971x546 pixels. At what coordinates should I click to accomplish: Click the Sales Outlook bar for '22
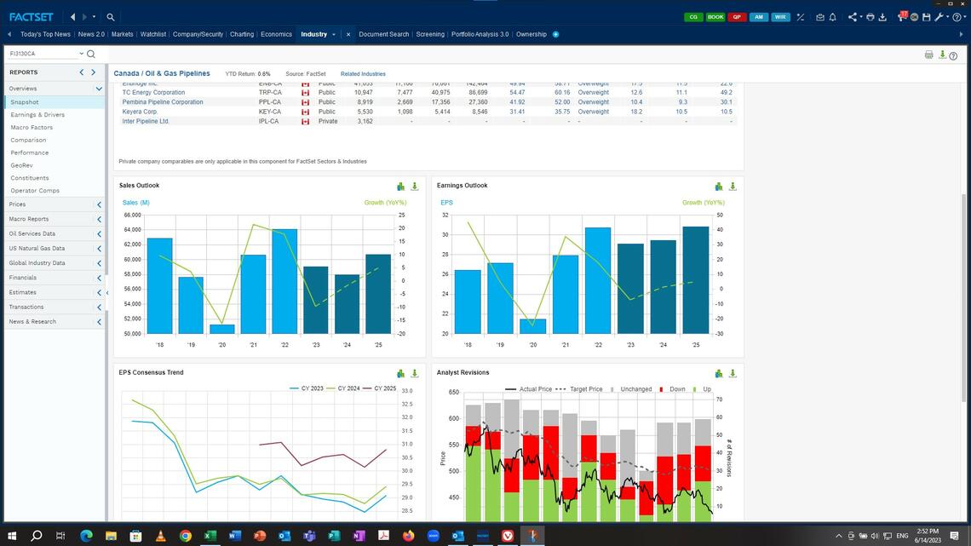(284, 281)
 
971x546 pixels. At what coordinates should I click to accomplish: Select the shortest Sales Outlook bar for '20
(222, 329)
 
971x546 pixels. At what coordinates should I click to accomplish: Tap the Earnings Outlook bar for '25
(695, 280)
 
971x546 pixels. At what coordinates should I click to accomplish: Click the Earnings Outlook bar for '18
(468, 302)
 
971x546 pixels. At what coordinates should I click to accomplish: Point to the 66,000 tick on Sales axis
(132, 216)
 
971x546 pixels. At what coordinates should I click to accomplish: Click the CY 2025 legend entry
(380, 388)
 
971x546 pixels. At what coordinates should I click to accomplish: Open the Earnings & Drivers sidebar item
(37, 114)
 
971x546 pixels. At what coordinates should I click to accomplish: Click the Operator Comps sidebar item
(35, 191)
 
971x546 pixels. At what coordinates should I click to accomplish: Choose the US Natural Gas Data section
(37, 248)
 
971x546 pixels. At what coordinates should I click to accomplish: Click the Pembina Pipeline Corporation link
(163, 102)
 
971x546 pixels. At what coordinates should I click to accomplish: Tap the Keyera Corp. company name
(141, 112)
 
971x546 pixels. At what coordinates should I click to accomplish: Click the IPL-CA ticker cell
(268, 121)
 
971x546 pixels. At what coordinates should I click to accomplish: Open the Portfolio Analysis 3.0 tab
(480, 34)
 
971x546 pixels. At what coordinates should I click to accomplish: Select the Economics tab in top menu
(276, 34)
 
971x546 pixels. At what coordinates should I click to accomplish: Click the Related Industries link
(363, 74)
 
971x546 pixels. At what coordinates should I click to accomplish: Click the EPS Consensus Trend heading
(151, 372)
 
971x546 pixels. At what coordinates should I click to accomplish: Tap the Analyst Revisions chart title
(463, 372)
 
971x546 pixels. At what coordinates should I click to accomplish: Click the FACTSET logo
(31, 16)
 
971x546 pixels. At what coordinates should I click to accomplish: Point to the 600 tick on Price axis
(453, 418)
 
